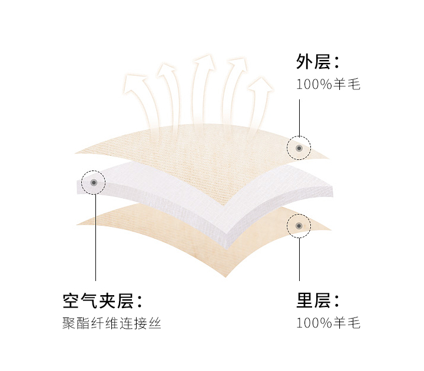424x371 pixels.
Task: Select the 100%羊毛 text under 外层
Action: (x=327, y=84)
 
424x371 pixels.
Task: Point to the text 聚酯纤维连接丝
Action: (x=112, y=323)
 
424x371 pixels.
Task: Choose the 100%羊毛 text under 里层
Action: (x=327, y=323)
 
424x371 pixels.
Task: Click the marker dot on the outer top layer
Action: (x=299, y=148)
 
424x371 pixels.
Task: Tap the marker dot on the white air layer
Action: (x=94, y=183)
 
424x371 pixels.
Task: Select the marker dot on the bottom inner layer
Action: (x=299, y=226)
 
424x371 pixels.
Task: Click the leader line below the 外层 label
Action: (x=299, y=118)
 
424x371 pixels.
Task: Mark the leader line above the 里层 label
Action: (x=299, y=259)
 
